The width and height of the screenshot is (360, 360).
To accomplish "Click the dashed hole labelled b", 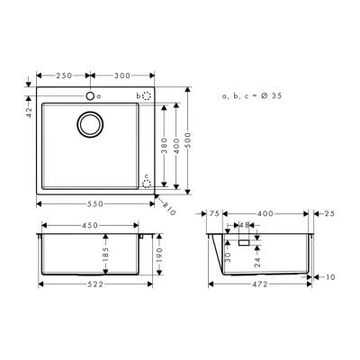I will click(148, 94).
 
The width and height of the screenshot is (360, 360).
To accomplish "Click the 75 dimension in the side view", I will click(214, 214).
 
